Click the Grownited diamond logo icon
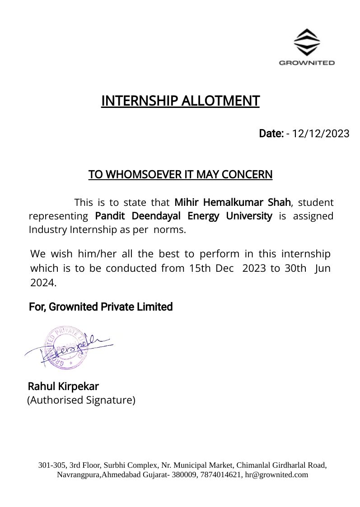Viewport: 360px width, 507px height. (307, 42)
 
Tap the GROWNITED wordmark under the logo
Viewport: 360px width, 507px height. (307, 63)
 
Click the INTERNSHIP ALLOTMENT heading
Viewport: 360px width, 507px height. (180, 101)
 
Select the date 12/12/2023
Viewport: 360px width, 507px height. (321, 134)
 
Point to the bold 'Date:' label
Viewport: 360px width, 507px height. (271, 134)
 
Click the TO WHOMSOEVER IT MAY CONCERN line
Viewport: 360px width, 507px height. (180, 174)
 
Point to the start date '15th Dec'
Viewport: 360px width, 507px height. (211, 268)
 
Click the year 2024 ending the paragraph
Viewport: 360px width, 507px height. (43, 283)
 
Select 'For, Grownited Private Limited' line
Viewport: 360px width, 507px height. (101, 307)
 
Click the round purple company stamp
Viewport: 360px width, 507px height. (64, 347)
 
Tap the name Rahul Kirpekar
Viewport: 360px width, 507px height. (63, 386)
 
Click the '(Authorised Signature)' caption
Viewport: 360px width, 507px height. (81, 400)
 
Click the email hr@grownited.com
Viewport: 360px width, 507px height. (276, 474)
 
